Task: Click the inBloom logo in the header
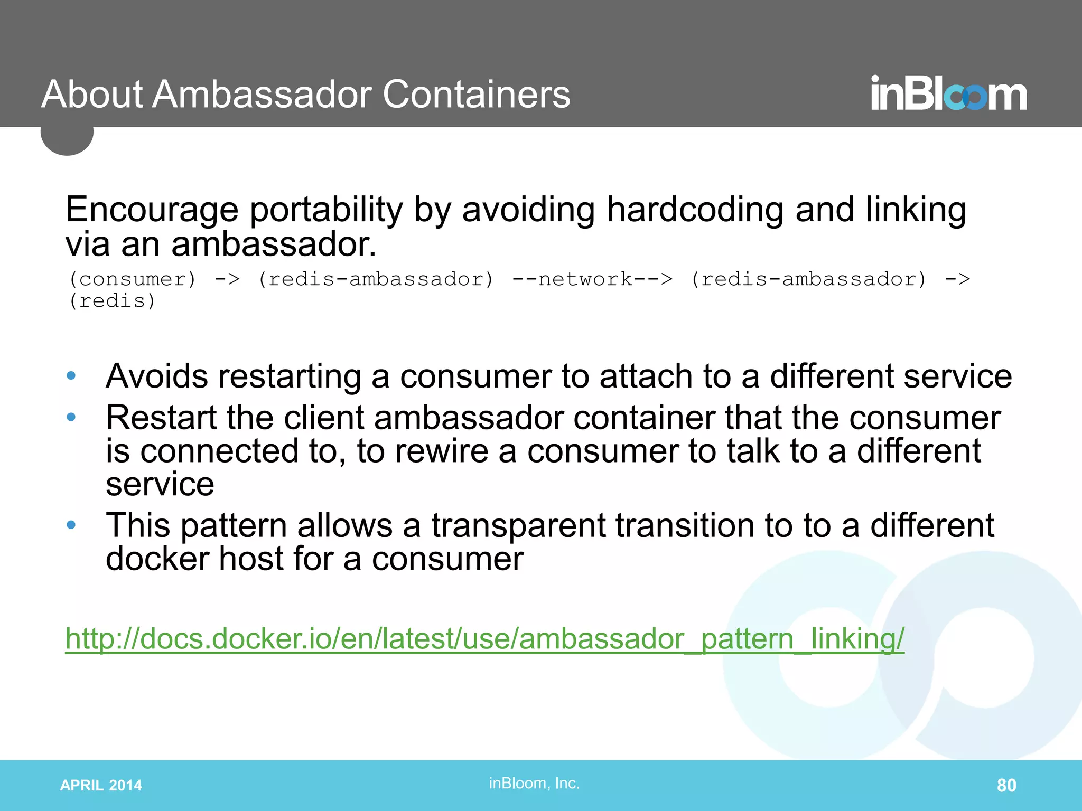click(948, 93)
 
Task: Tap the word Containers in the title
click(476, 95)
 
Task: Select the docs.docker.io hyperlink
click(484, 638)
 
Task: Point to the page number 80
click(1006, 785)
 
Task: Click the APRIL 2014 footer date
click(101, 785)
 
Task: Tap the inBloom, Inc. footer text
click(534, 783)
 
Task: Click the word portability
click(326, 210)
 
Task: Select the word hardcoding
click(695, 210)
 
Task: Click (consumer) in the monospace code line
click(133, 279)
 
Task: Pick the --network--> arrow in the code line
click(592, 279)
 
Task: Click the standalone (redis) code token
click(112, 301)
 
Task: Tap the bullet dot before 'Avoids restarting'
click(71, 376)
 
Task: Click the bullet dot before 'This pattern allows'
click(71, 525)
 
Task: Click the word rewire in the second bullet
click(441, 451)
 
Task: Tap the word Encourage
click(152, 210)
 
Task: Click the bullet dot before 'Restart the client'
click(71, 418)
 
